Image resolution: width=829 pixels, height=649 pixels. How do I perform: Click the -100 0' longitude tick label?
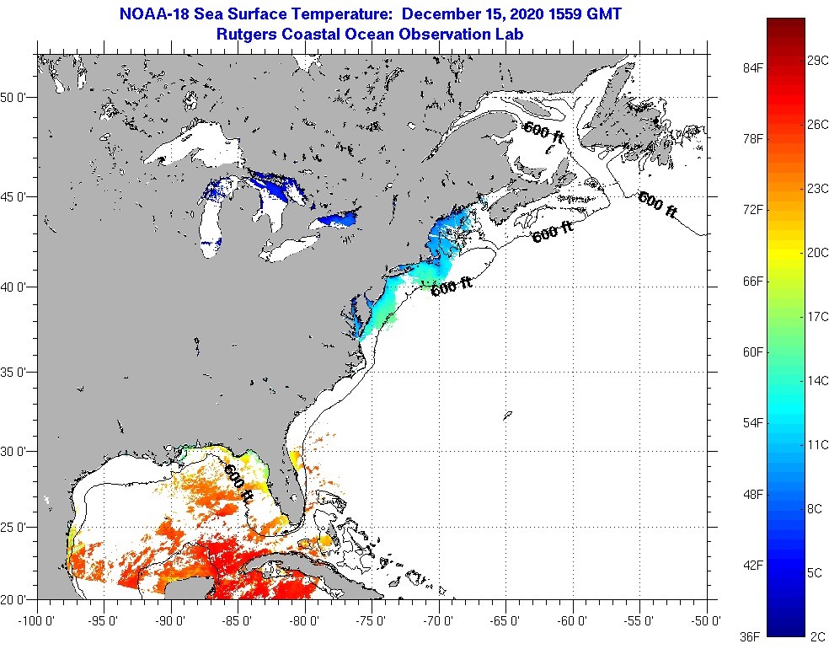36,622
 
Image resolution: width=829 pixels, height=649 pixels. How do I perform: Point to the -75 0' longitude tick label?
372,622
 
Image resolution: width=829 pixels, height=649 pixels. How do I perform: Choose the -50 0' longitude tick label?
706,622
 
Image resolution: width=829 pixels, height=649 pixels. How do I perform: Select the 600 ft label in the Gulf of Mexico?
238,483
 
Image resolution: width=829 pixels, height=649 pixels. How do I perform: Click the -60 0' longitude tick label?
572,622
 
